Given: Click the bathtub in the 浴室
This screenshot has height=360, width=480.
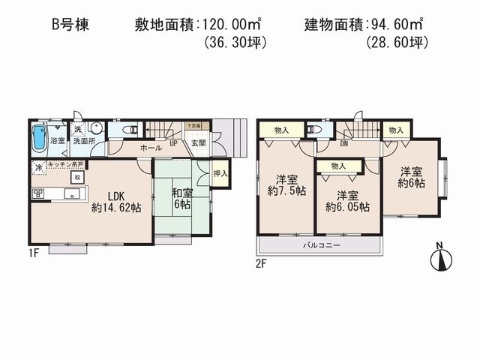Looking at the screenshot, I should click(38, 139).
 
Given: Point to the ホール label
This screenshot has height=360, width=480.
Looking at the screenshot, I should click(151, 148).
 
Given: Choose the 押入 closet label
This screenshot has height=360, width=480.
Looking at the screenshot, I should click(220, 174).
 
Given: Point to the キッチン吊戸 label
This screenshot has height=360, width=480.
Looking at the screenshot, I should click(67, 163).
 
